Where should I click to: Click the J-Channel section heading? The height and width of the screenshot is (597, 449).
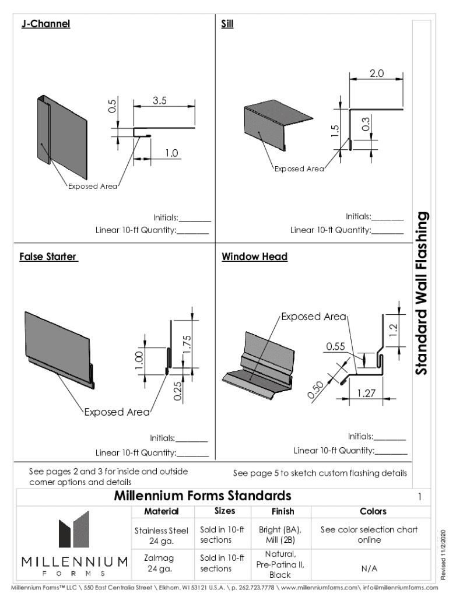[45, 24]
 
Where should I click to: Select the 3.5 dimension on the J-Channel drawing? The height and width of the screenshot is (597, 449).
[160, 100]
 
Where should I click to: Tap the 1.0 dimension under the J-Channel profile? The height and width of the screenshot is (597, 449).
[170, 153]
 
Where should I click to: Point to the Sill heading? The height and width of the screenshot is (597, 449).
[227, 24]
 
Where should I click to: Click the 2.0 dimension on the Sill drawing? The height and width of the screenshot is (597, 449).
[376, 73]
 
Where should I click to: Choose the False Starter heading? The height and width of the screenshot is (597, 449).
[48, 257]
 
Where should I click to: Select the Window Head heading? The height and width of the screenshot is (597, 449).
[254, 257]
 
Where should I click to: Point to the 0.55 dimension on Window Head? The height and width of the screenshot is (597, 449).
[335, 346]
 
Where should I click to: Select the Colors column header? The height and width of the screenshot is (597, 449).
[373, 511]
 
